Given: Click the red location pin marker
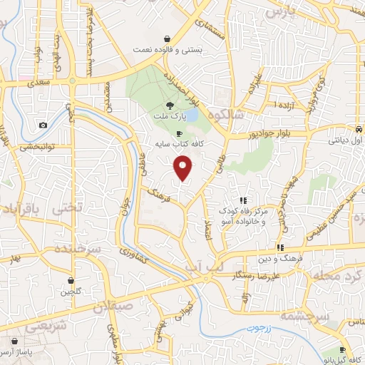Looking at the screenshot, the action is pyautogui.click(x=184, y=169).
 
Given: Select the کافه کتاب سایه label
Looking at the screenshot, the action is pyautogui.click(x=176, y=143).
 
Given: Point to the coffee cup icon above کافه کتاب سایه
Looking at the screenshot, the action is pyautogui.click(x=178, y=133).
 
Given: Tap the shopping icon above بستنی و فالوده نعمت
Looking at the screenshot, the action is pyautogui.click(x=166, y=39).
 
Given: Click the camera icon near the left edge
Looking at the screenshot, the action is pyautogui.click(x=43, y=125).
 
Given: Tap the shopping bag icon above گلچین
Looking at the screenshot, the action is pyautogui.click(x=71, y=281).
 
